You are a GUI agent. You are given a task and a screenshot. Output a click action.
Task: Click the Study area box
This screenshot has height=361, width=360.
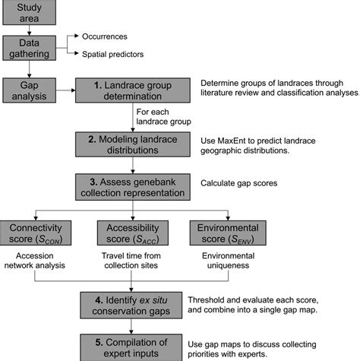pyautogui.click(x=28, y=13)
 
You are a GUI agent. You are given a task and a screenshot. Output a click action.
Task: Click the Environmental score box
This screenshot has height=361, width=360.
pyautogui.click(x=227, y=233)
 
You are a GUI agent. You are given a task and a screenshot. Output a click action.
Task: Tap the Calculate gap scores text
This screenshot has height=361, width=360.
pyautogui.click(x=239, y=182)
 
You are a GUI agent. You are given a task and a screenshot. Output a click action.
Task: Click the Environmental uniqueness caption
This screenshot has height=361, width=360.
pyautogui.click(x=227, y=261)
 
